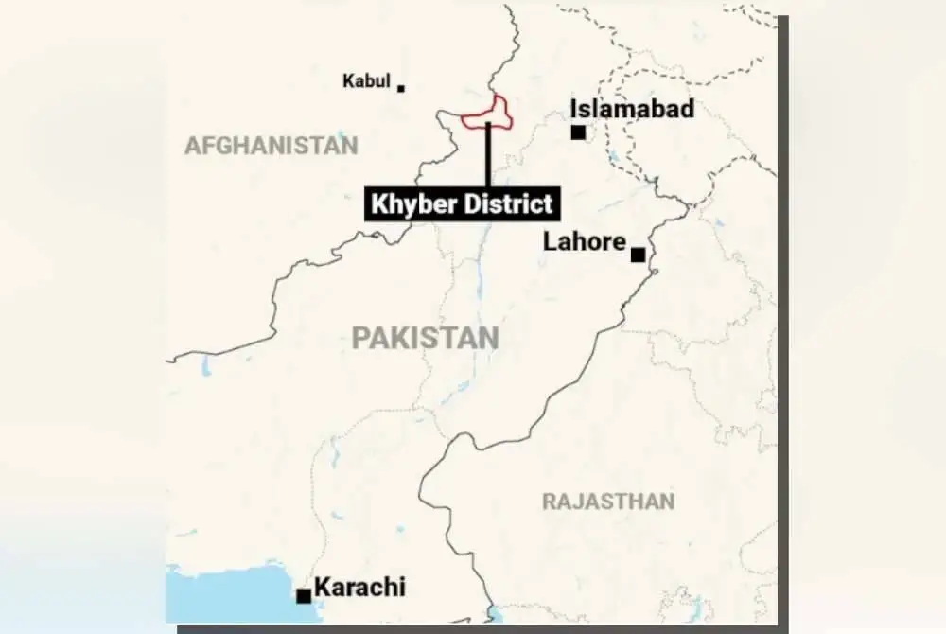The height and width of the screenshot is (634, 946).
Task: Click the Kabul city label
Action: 366,81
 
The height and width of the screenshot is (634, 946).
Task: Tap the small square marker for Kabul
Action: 401,88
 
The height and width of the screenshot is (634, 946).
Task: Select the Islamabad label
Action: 632,109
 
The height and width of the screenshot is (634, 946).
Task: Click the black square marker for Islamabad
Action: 578,132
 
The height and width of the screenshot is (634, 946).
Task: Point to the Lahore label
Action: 584,242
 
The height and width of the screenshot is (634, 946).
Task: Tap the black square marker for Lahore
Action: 639,255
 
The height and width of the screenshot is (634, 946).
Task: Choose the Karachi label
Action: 359,587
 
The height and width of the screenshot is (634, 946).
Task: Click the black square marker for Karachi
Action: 304,595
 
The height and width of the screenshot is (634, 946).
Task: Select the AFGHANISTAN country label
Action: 271,146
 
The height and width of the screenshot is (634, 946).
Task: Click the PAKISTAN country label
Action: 425,338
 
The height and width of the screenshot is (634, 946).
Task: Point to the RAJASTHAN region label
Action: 608,502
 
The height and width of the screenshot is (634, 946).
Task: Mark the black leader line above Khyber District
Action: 488,156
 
